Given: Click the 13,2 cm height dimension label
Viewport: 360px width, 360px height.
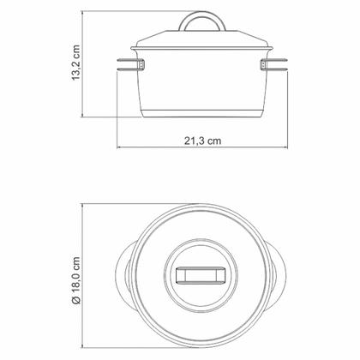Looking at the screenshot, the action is tap(76, 63).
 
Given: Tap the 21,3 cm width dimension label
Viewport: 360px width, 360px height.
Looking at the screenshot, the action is tap(202, 141).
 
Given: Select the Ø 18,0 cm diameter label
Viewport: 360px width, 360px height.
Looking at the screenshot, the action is tap(76, 280).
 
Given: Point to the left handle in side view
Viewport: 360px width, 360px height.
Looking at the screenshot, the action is tap(129, 64).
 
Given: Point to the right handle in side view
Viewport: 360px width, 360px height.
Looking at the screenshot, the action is tap(276, 64).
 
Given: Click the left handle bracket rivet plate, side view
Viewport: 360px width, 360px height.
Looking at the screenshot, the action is tap(141, 64).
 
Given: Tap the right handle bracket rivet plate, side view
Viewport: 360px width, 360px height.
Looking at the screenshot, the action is tap(263, 64).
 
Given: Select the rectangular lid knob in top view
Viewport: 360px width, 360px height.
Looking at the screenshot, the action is tap(201, 275).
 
